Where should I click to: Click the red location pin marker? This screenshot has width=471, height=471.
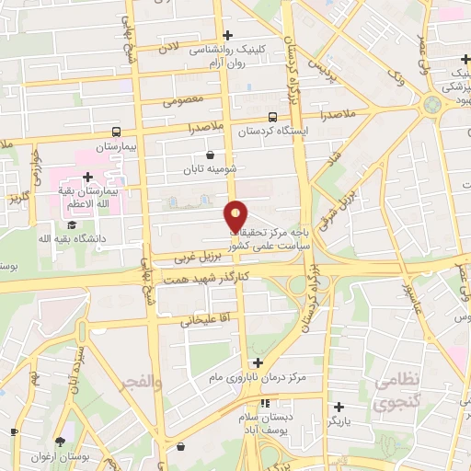[236, 215]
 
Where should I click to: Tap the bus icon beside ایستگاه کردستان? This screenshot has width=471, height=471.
[271, 117]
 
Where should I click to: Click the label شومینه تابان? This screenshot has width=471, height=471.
[211, 168]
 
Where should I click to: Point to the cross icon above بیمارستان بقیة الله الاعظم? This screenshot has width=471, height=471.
[87, 177]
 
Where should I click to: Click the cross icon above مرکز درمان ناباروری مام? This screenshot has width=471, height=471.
[258, 363]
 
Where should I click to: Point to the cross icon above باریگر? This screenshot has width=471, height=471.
[339, 406]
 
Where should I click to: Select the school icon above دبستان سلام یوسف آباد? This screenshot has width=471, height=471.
[265, 403]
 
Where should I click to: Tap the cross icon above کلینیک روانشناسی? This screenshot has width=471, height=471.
[227, 35]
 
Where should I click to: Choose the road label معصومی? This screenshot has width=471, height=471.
[183, 99]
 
